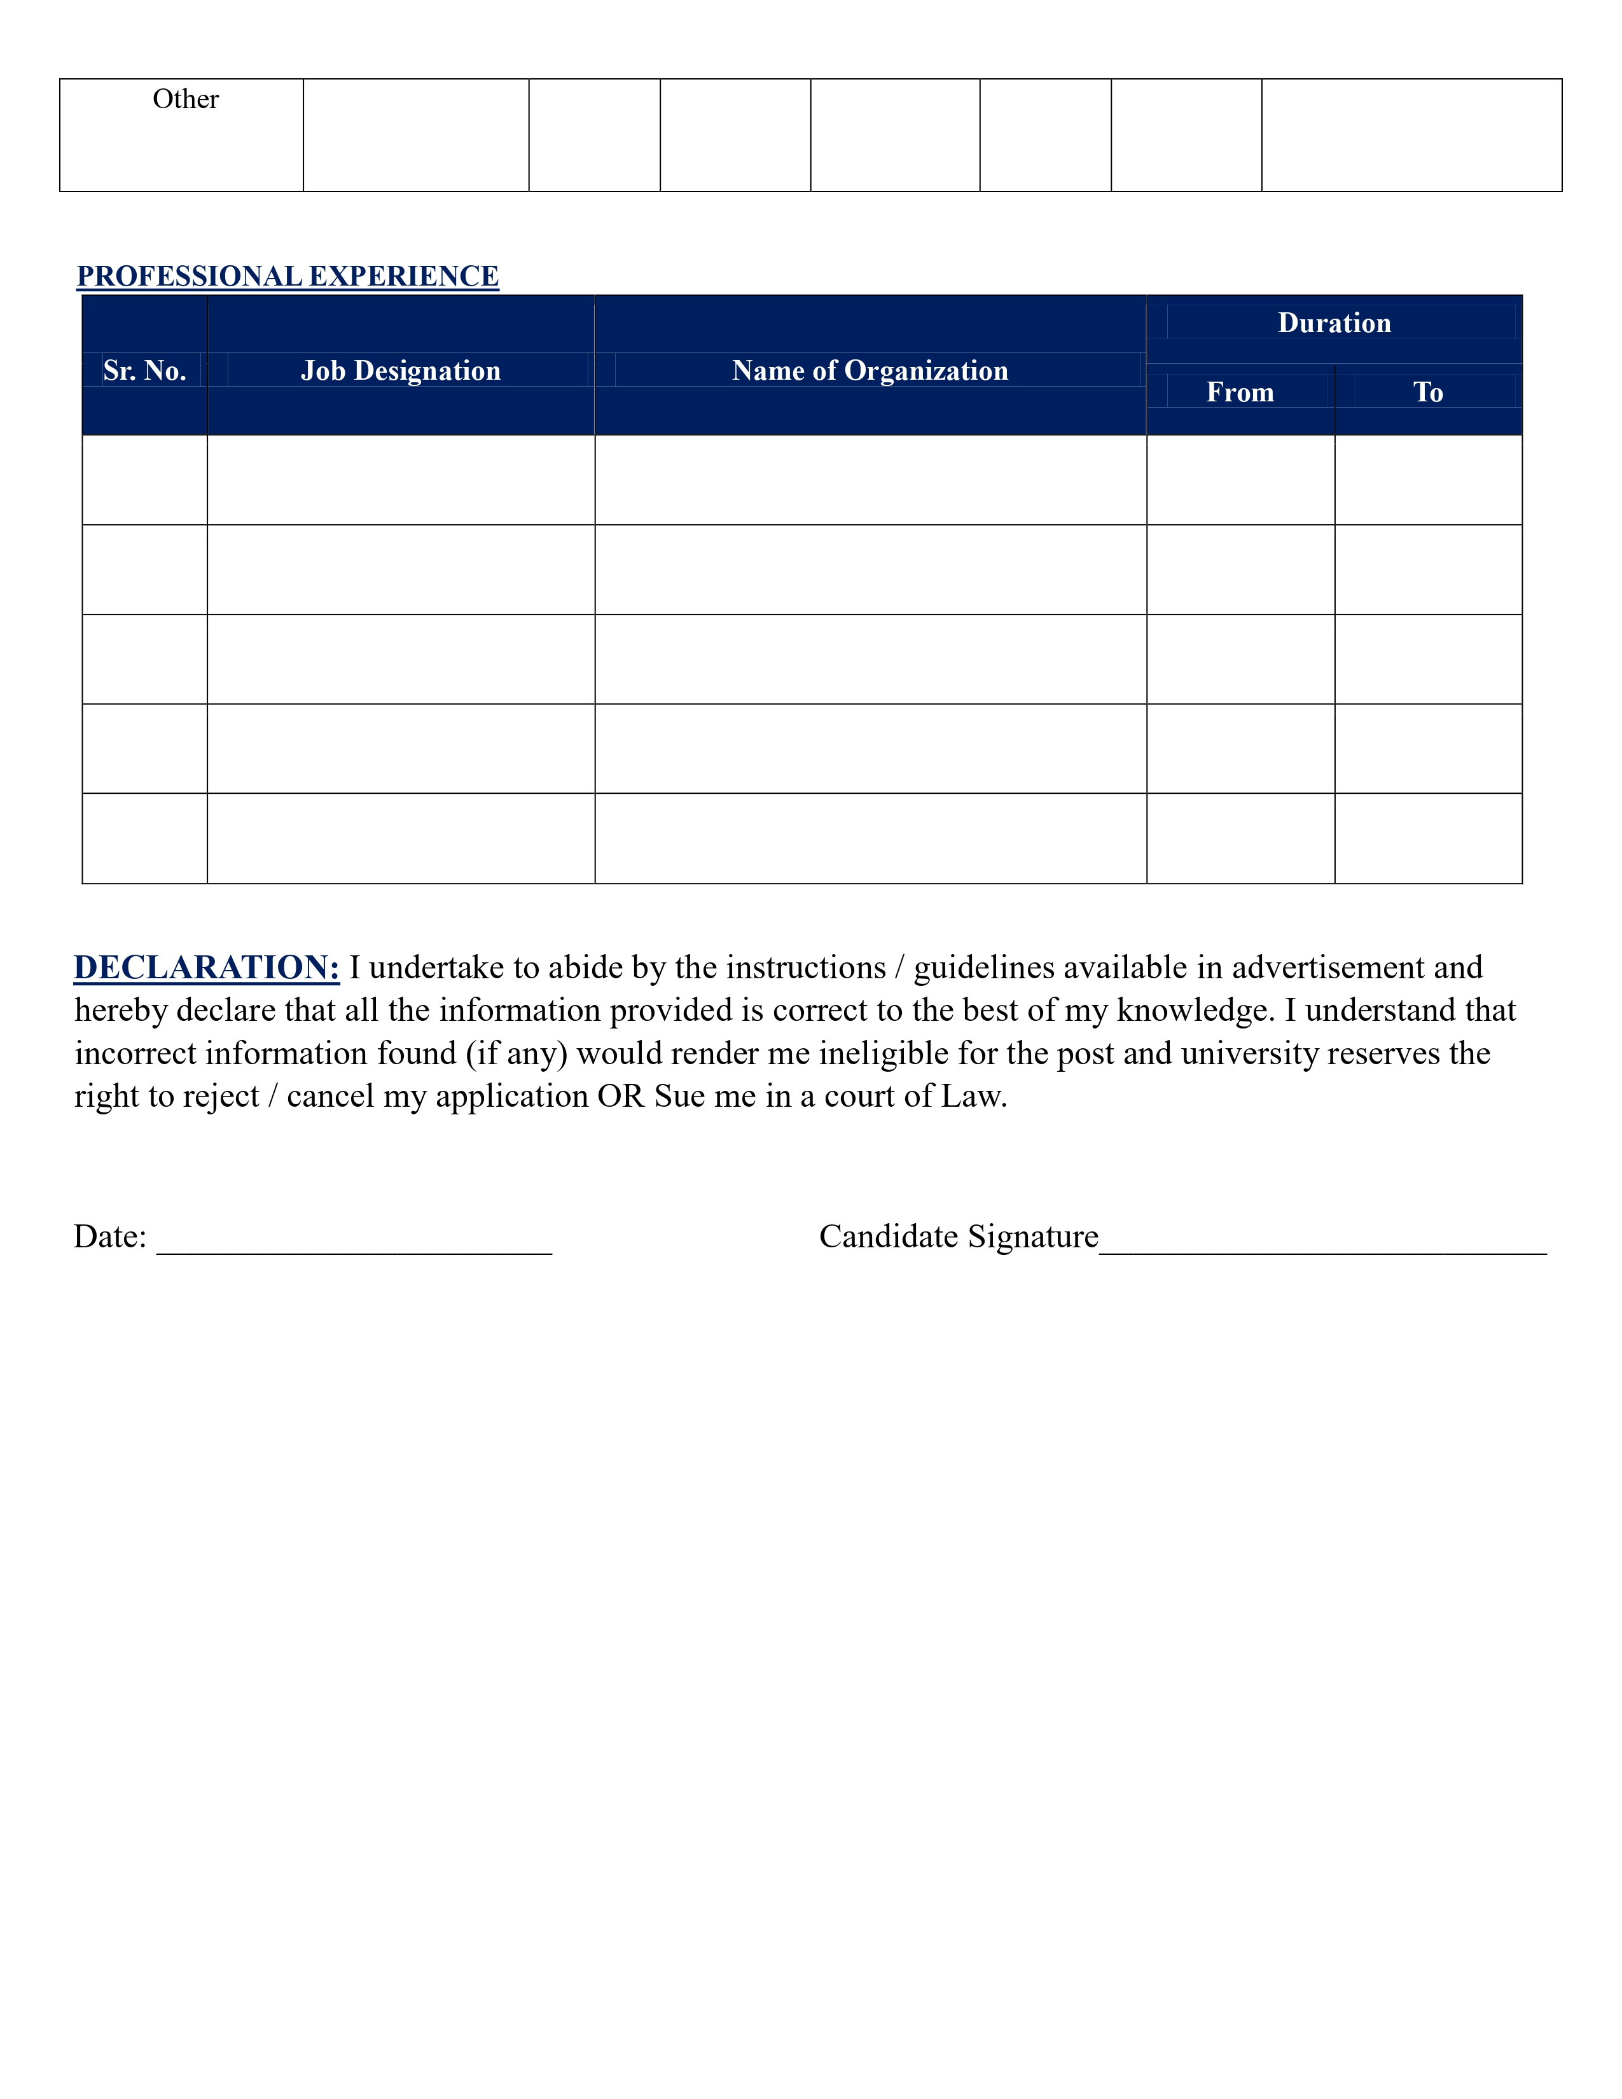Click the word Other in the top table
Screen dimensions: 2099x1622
pos(186,99)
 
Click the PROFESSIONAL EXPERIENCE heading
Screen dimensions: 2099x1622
pos(288,276)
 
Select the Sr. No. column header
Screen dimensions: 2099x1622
pos(144,370)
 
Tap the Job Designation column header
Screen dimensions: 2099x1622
pos(401,370)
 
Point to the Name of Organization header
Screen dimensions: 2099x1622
pos(870,370)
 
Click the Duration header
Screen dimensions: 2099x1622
pos(1334,323)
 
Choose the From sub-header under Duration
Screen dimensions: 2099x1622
pos(1240,392)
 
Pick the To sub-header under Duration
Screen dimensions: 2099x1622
pos(1428,392)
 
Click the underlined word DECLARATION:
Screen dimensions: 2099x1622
pos(207,968)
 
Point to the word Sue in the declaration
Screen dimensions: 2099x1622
pos(679,1097)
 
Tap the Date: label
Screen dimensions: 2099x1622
pos(109,1237)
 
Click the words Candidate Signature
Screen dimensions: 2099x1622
pos(958,1237)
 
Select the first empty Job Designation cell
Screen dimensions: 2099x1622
pos(401,480)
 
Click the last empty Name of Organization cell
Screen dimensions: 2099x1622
pos(870,838)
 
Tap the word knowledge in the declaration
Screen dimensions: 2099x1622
pos(1191,1011)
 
